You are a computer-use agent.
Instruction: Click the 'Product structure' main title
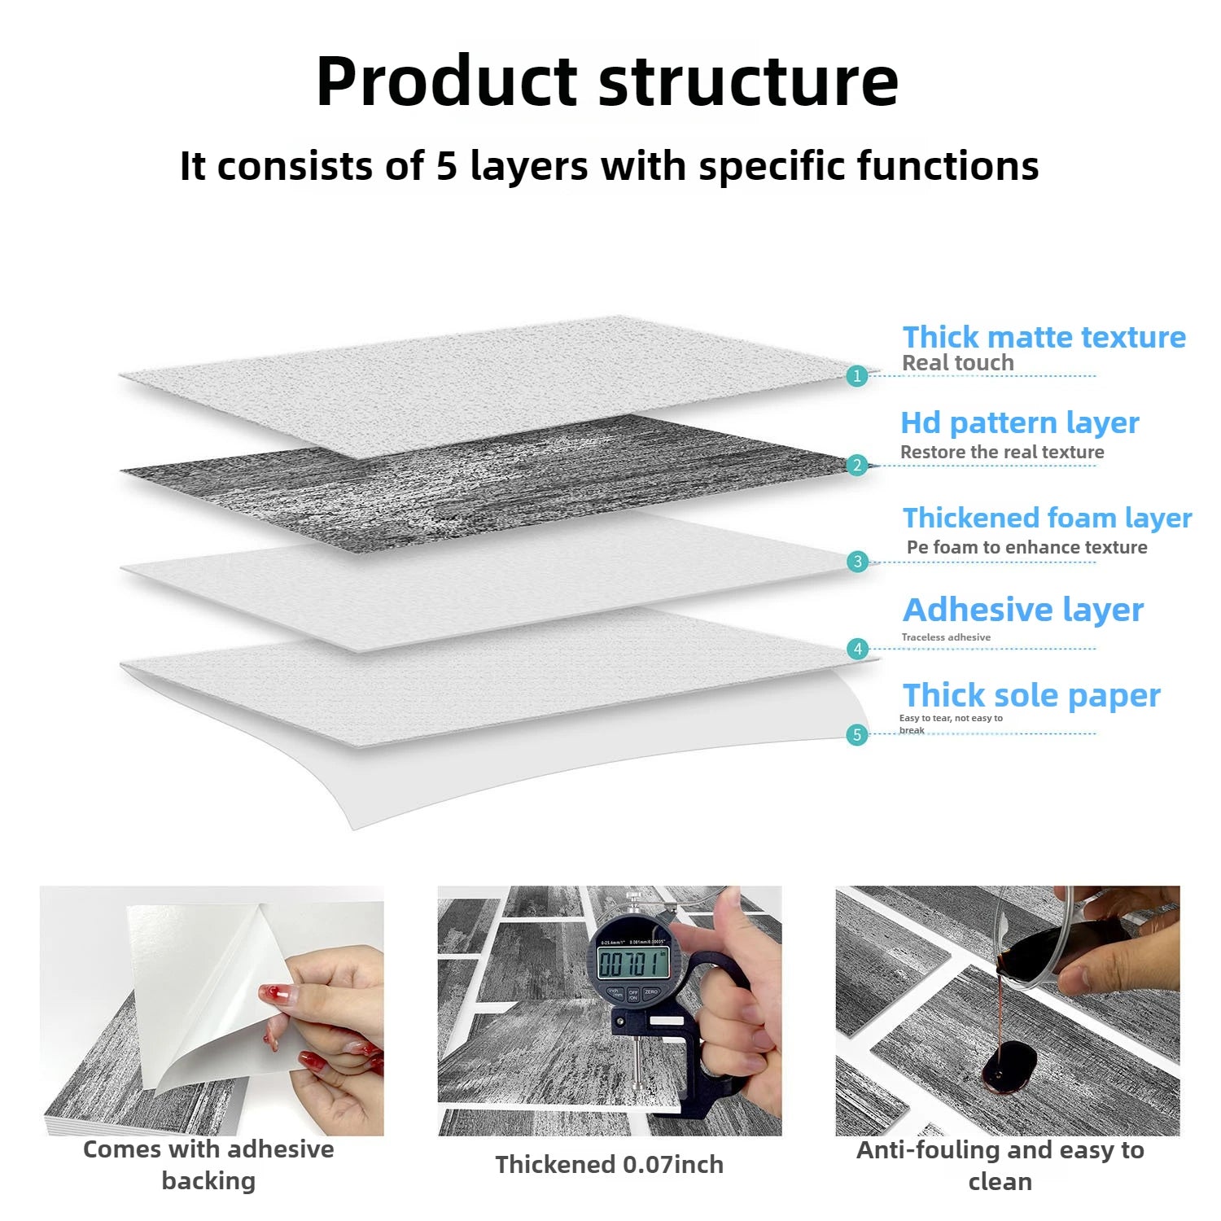click(606, 81)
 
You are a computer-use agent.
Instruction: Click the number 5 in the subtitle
click(446, 166)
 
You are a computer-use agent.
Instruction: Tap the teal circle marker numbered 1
click(856, 376)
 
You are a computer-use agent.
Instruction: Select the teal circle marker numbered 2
click(856, 466)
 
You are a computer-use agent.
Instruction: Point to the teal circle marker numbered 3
click(857, 562)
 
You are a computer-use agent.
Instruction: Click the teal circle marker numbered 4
click(857, 649)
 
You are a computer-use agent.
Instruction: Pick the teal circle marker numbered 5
click(856, 735)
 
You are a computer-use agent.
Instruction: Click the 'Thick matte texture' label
click(1044, 337)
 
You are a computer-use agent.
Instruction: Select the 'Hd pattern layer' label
click(1019, 423)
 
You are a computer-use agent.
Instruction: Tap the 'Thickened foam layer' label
click(1047, 518)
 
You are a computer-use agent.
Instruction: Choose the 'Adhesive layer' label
click(1023, 610)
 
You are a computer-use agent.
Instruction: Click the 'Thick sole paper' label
click(1031, 696)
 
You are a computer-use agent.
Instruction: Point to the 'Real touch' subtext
click(957, 363)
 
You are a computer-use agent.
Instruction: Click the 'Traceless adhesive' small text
click(946, 637)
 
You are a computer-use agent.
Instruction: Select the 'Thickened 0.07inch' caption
click(609, 1165)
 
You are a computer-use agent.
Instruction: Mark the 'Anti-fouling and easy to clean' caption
click(1000, 1166)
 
